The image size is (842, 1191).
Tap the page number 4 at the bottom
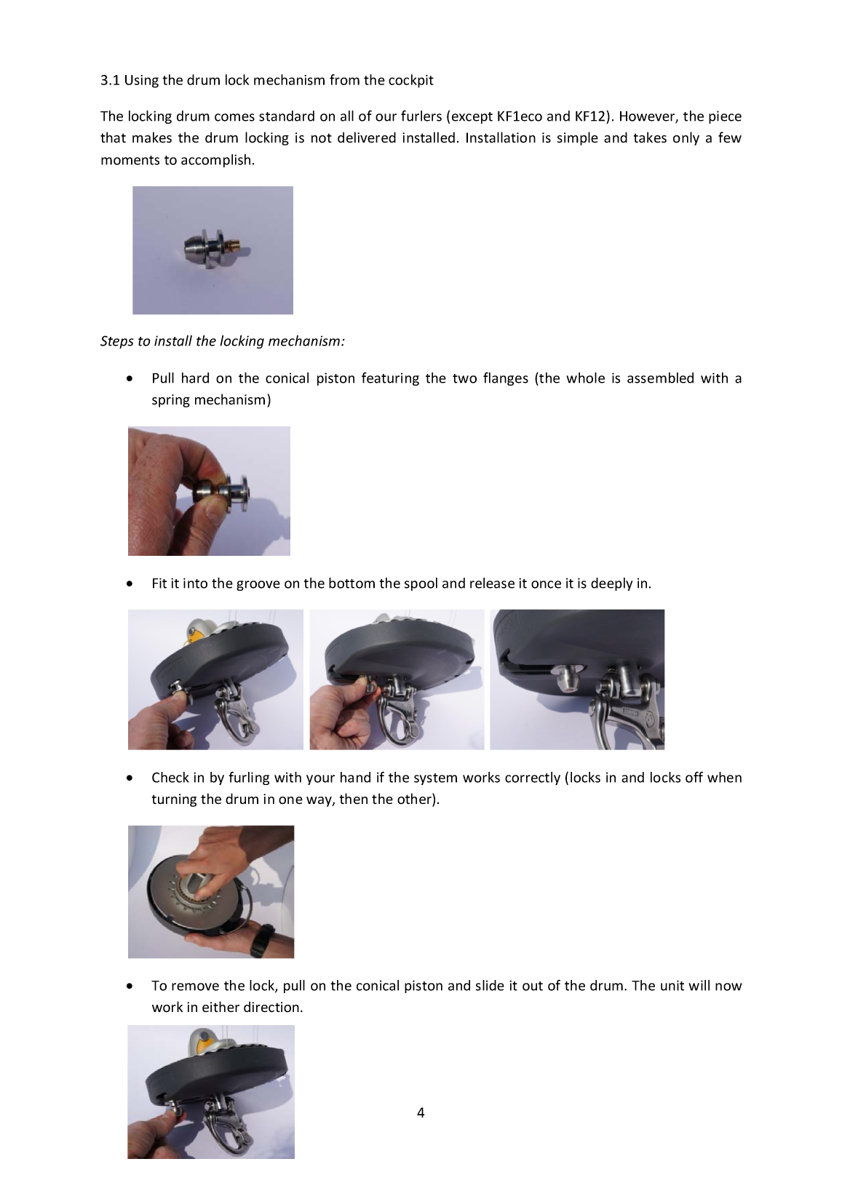[421, 1112]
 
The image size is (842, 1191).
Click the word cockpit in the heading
[410, 80]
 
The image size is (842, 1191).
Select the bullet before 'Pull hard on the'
[130, 379]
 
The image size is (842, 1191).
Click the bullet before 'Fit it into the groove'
[130, 584]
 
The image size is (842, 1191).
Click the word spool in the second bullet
[421, 583]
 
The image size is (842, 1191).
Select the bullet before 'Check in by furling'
[130, 778]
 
